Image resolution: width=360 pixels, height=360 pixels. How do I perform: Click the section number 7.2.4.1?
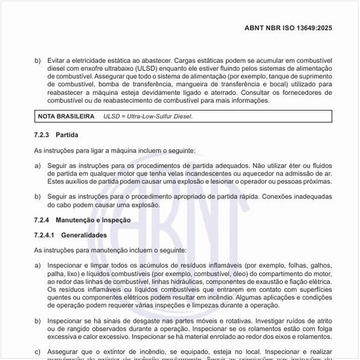tap(46, 234)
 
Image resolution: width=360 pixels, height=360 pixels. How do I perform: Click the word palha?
tap(56, 274)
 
